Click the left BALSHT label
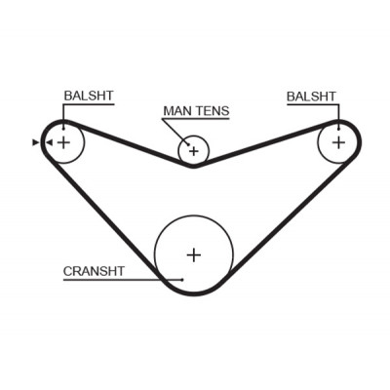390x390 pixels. pos(89,96)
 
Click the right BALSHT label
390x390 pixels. pos(311,97)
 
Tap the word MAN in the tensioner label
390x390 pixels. pos(177,111)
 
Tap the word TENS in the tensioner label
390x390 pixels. pos(213,111)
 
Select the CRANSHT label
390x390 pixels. pos(94,271)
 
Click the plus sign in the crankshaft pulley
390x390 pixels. pos(194,255)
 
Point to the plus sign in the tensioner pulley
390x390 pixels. pos(194,151)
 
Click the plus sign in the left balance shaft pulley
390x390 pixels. pos(63,142)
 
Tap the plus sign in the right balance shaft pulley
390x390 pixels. pos(339,142)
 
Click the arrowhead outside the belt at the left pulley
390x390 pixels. pos(35,142)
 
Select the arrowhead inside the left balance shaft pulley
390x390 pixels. pos(49,142)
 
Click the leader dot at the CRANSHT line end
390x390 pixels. pos(182,280)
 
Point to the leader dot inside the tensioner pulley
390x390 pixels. pos(188,144)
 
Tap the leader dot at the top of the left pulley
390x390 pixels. pos(63,129)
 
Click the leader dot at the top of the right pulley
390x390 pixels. pos(339,129)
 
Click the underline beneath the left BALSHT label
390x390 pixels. pos(89,104)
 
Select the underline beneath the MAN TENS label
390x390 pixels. pos(196,119)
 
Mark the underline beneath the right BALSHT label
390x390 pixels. pos(313,104)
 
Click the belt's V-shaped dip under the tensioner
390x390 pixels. pos(194,166)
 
